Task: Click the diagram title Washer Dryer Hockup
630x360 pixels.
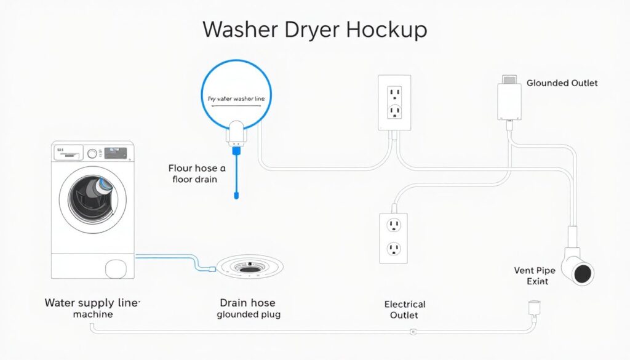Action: (x=314, y=30)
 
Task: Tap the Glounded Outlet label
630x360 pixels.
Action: (x=562, y=83)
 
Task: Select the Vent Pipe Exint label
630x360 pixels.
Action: (x=532, y=276)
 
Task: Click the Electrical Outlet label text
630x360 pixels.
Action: (x=404, y=310)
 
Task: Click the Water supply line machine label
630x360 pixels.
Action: (x=92, y=308)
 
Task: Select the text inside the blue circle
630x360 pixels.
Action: (x=236, y=99)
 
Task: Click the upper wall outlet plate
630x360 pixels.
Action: (x=394, y=103)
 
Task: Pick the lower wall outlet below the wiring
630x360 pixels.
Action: (x=394, y=237)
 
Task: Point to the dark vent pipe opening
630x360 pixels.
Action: (x=583, y=272)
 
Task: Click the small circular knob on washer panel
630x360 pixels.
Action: (x=93, y=154)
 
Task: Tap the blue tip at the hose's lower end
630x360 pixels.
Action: (x=235, y=196)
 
